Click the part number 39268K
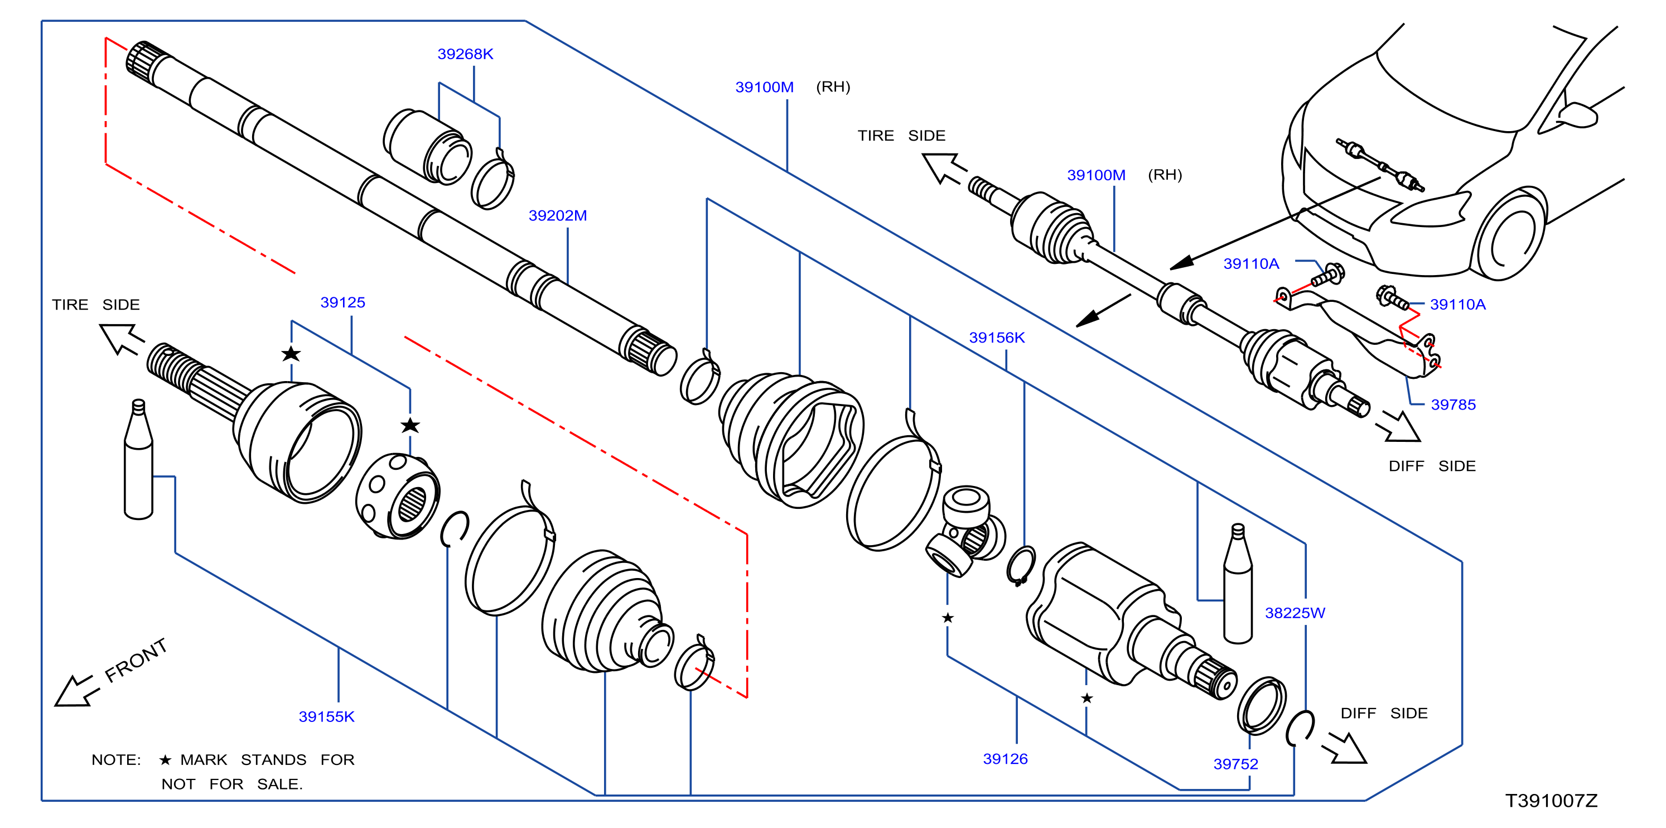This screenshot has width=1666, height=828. click(x=465, y=54)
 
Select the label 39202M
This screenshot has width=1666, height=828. click(x=558, y=215)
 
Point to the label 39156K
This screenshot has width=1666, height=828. click(x=997, y=337)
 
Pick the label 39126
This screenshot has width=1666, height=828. click(x=1005, y=759)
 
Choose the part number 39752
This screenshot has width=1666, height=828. click(x=1235, y=764)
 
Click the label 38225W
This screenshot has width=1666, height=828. click(x=1295, y=613)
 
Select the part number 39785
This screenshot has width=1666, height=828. click(x=1453, y=405)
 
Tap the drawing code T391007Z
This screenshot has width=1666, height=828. click(x=1552, y=801)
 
